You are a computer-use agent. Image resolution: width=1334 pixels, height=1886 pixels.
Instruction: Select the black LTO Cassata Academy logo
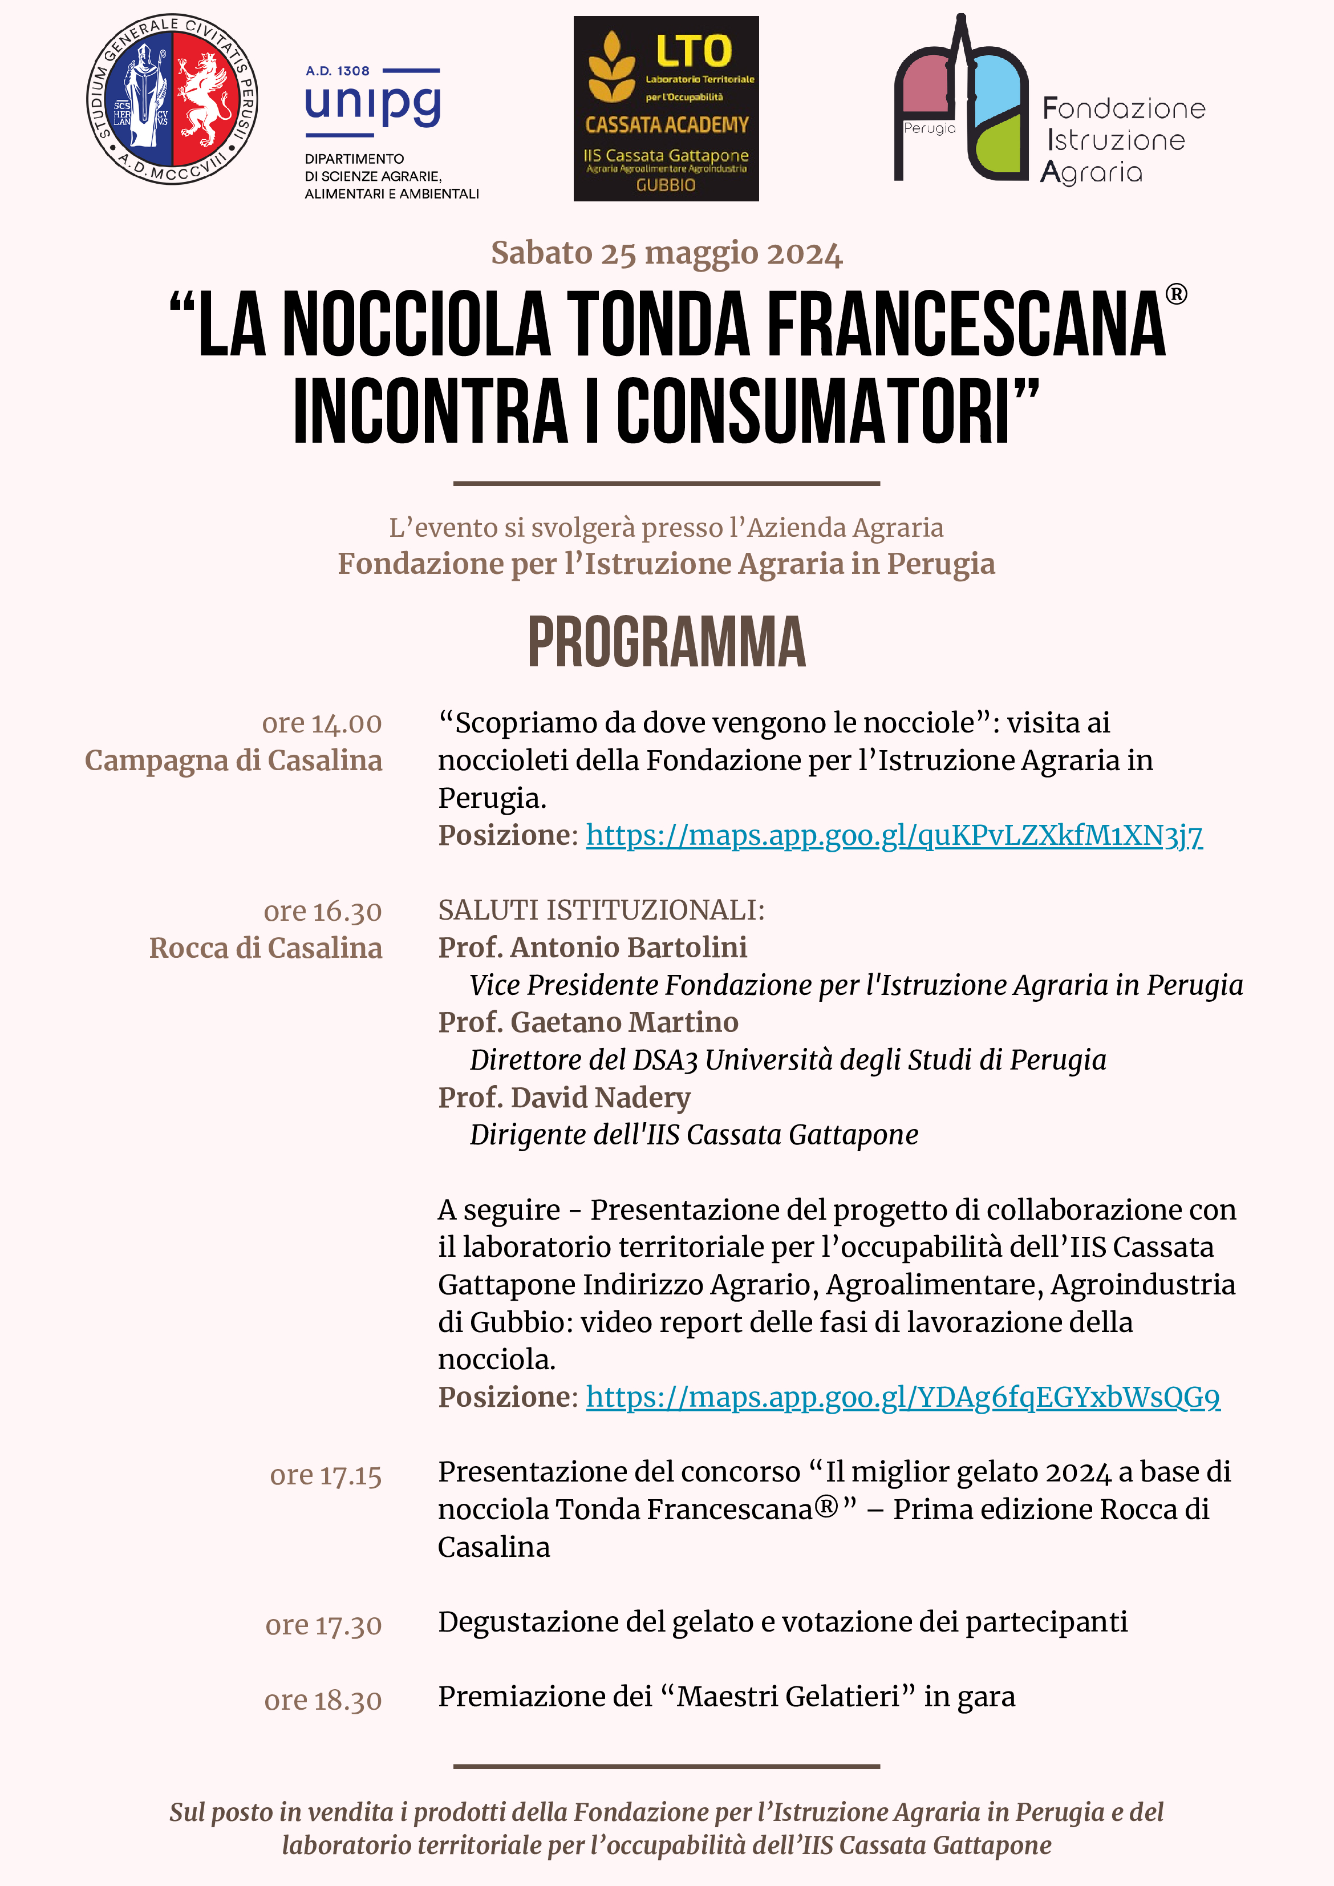coord(666,108)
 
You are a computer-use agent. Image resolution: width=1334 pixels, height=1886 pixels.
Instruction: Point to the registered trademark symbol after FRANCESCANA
coord(1175,294)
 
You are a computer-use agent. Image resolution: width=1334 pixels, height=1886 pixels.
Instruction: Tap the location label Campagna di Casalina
coord(233,760)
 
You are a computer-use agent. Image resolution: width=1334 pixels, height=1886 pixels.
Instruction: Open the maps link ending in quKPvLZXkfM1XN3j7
coord(894,835)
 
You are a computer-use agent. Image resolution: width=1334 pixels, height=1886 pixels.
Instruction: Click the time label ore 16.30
coord(322,912)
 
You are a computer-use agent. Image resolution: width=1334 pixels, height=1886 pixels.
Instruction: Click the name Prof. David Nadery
coord(564,1098)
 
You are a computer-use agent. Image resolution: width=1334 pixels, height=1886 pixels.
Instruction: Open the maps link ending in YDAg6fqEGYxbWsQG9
coord(903,1397)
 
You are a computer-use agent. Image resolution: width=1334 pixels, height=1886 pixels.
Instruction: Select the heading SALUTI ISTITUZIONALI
coord(601,910)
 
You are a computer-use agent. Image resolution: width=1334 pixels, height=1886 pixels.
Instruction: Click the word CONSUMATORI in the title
coord(813,412)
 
